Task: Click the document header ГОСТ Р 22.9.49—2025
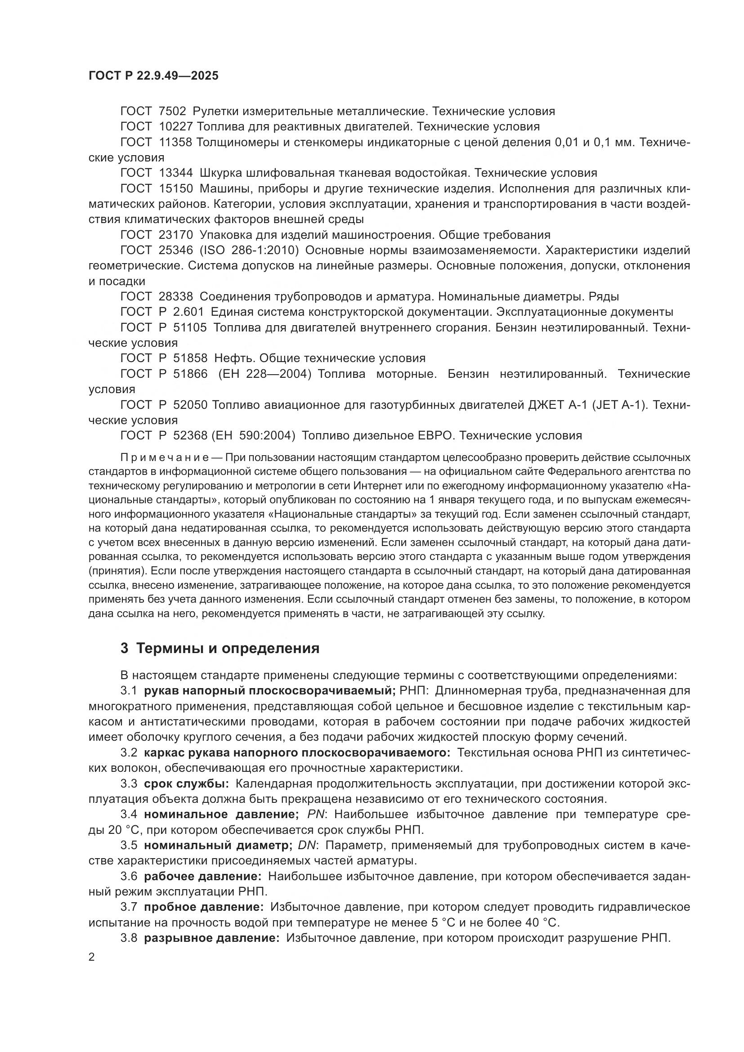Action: pos(153,76)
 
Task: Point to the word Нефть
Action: pos(233,358)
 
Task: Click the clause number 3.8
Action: pos(129,938)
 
